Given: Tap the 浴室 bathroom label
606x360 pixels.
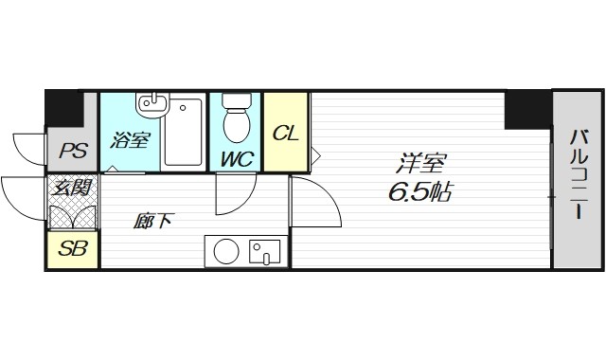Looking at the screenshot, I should point(131,141).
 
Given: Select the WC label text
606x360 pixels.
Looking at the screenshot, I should point(237,158).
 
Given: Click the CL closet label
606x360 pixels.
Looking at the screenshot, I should point(285,133).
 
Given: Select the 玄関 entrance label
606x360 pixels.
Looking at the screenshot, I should point(73,187).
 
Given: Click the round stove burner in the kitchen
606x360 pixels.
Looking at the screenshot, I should point(225,252).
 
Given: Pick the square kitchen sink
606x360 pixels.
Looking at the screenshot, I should point(262,252).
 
